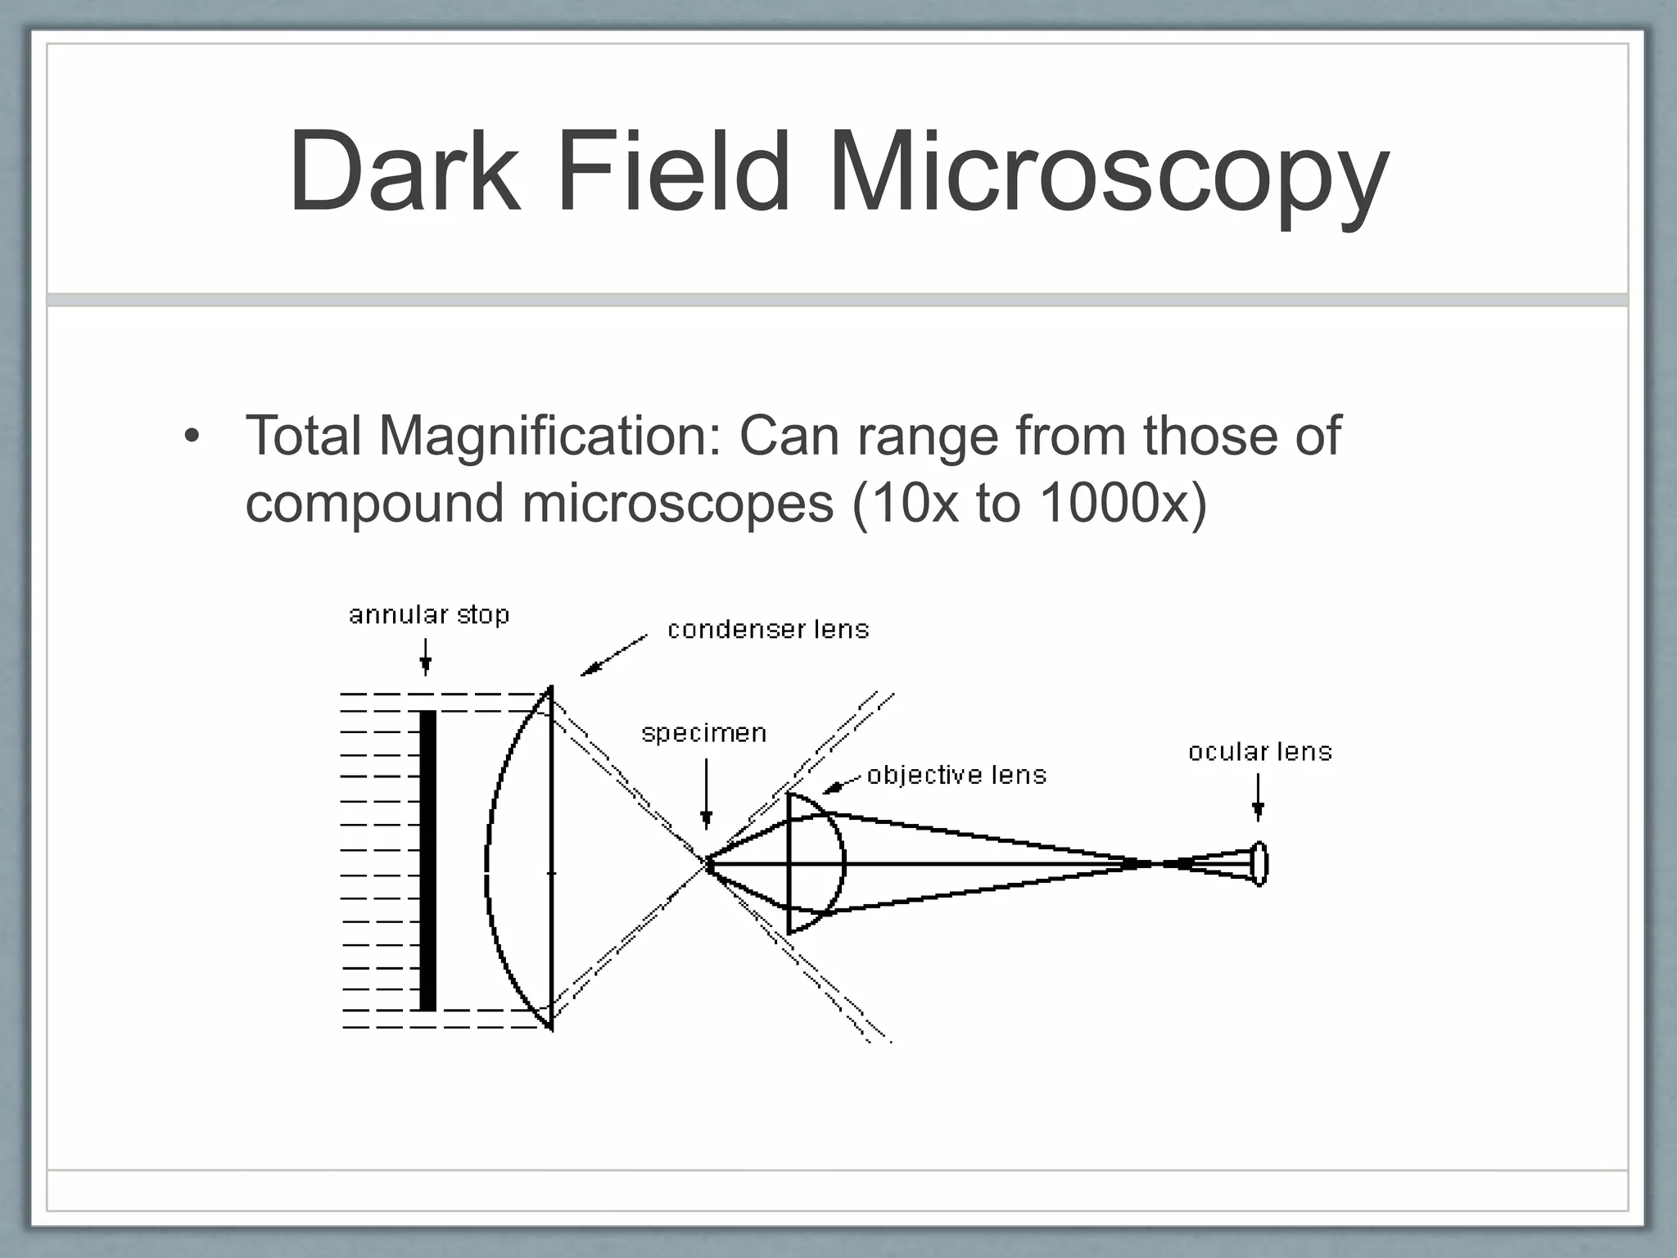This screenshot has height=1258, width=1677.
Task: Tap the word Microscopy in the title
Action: click(1109, 176)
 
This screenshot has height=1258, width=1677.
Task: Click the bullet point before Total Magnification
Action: click(192, 435)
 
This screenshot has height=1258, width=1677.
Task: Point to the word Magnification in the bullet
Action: click(549, 437)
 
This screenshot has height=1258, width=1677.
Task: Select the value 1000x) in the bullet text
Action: click(1123, 502)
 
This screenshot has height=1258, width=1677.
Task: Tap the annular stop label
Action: click(429, 614)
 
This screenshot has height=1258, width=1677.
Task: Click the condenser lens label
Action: click(768, 629)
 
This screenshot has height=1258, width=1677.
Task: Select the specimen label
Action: click(704, 732)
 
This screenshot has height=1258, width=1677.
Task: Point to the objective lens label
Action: click(956, 775)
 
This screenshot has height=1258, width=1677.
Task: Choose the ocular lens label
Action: click(1260, 751)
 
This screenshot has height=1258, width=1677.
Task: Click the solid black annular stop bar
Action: click(427, 860)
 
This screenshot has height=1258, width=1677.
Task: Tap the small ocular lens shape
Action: click(1260, 863)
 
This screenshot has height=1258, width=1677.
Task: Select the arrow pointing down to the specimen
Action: click(707, 794)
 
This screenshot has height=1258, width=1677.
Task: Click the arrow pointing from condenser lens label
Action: click(613, 655)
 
